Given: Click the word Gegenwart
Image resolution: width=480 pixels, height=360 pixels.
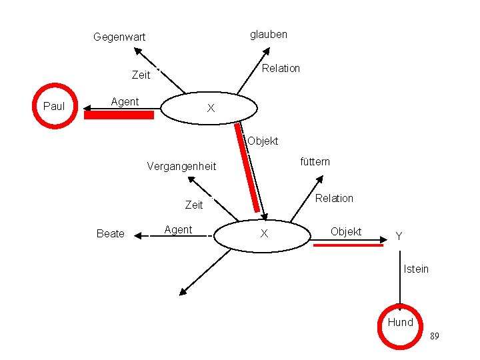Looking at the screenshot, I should [x=119, y=37].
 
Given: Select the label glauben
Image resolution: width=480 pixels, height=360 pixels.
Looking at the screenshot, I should [x=269, y=34].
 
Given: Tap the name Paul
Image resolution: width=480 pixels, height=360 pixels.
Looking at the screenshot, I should [x=54, y=106].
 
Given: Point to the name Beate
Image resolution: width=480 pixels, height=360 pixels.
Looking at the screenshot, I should [x=110, y=233].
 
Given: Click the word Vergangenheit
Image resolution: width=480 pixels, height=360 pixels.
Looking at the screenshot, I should [x=181, y=166].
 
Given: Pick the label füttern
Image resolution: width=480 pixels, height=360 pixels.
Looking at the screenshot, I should [x=315, y=161].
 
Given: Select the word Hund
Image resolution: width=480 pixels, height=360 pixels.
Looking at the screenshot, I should [x=401, y=322].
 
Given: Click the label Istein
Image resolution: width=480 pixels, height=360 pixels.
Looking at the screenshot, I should [x=416, y=269].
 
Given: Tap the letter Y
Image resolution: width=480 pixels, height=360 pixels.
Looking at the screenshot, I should [x=399, y=236].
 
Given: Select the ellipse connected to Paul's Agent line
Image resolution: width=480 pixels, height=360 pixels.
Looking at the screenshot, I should [x=209, y=108].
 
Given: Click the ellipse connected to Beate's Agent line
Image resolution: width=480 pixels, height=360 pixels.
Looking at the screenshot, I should [x=265, y=233].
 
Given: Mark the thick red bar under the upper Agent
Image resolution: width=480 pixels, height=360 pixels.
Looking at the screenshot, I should [x=119, y=115].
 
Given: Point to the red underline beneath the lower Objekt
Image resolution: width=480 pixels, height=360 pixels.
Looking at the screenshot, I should [x=348, y=245].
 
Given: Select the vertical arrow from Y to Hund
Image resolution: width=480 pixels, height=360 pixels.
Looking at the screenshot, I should [x=400, y=280].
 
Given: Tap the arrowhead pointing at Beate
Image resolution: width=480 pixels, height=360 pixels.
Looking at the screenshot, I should [x=137, y=233].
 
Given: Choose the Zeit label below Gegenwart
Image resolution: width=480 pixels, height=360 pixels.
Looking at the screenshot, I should [x=141, y=75].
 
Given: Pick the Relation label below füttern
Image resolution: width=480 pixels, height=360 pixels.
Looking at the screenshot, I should [x=334, y=198].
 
